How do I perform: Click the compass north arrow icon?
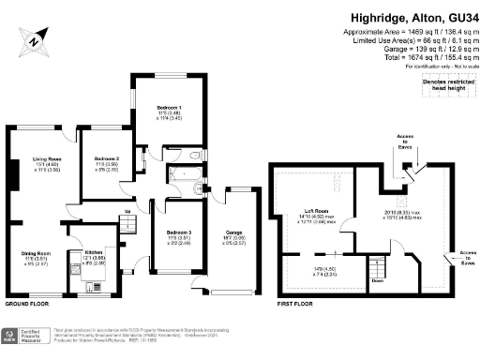pyautogui.click(x=35, y=40)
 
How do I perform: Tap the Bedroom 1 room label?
pyautogui.click(x=169, y=109)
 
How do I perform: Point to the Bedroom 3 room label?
pyautogui.click(x=179, y=235)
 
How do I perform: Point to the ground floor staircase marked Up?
pyautogui.click(x=127, y=218)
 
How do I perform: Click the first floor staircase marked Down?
pyautogui.click(x=378, y=268)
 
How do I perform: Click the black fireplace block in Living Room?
pyautogui.click(x=12, y=176)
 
